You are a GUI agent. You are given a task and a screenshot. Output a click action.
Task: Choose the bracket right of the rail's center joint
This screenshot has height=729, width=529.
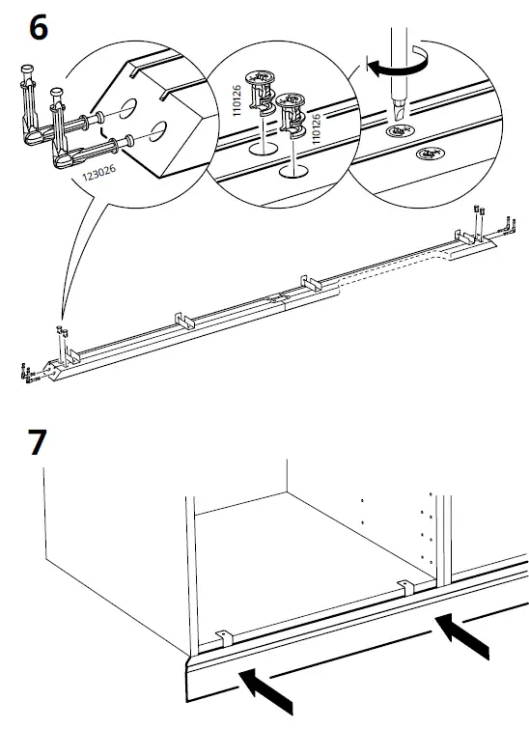coord(310,280)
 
